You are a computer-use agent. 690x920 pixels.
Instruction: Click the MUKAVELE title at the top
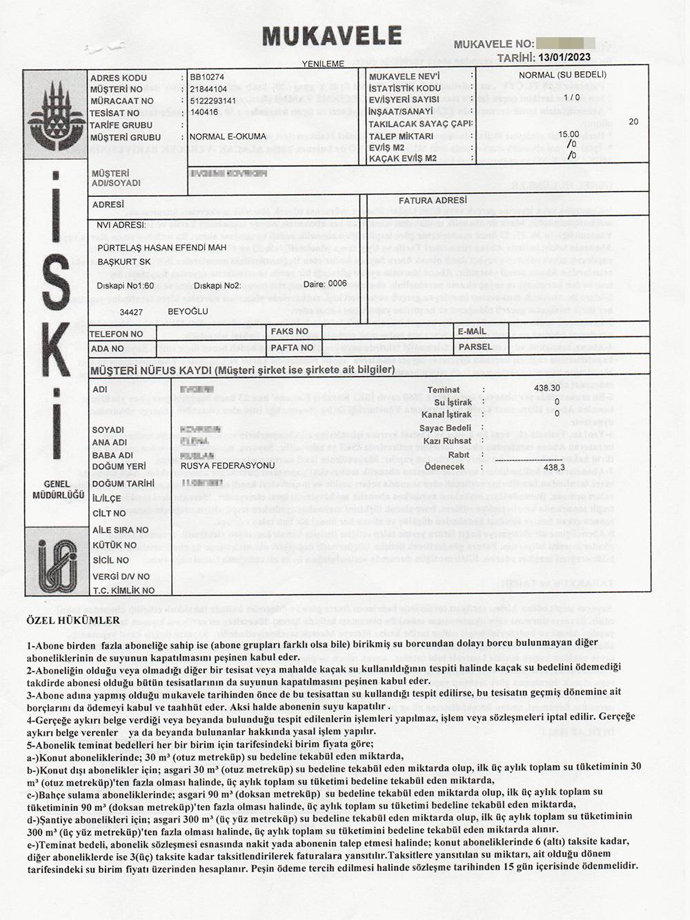coord(331,35)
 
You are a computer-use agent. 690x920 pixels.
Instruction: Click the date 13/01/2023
coord(564,58)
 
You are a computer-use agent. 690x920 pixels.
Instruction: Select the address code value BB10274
coord(207,77)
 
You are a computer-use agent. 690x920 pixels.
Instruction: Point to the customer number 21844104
coord(208,89)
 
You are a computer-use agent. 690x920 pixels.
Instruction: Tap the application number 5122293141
coord(213,101)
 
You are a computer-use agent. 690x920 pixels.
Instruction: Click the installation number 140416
coord(204,112)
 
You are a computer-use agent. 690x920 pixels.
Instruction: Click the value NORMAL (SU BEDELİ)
coord(562,75)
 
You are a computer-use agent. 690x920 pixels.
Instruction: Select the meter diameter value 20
coord(633,121)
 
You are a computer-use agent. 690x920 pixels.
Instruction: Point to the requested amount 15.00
coord(569,135)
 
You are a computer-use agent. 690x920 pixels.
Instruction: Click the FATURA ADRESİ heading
coord(433,200)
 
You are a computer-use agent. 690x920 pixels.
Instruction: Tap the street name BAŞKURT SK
coord(124,262)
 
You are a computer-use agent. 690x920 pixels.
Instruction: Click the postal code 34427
coord(131,312)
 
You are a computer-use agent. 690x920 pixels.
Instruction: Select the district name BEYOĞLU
coord(188,312)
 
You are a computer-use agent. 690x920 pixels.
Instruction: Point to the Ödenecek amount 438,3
coord(554,467)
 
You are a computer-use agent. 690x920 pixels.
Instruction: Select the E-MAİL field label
coord(472,331)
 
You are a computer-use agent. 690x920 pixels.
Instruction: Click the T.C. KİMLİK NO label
coord(124,590)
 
